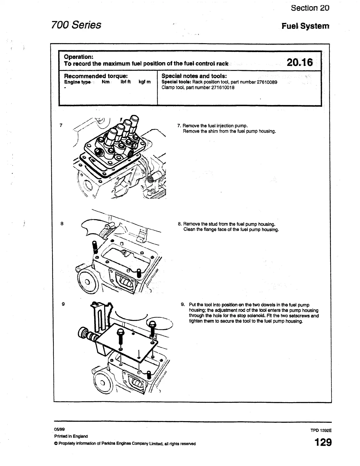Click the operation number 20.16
[x=300, y=62]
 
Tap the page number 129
[x=323, y=442]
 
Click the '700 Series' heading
[x=76, y=25]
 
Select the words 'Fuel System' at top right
[x=306, y=26]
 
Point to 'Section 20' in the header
[x=310, y=8]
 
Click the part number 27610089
[x=267, y=82]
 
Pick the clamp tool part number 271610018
[x=223, y=87]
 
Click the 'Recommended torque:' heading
[x=96, y=76]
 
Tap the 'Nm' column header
[x=105, y=82]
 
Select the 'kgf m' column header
[x=144, y=82]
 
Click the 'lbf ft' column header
[x=126, y=82]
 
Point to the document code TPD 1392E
[x=321, y=430]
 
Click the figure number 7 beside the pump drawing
[x=61, y=125]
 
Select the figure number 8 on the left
[x=62, y=224]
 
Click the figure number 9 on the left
[x=63, y=304]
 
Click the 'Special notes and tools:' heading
[x=194, y=76]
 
